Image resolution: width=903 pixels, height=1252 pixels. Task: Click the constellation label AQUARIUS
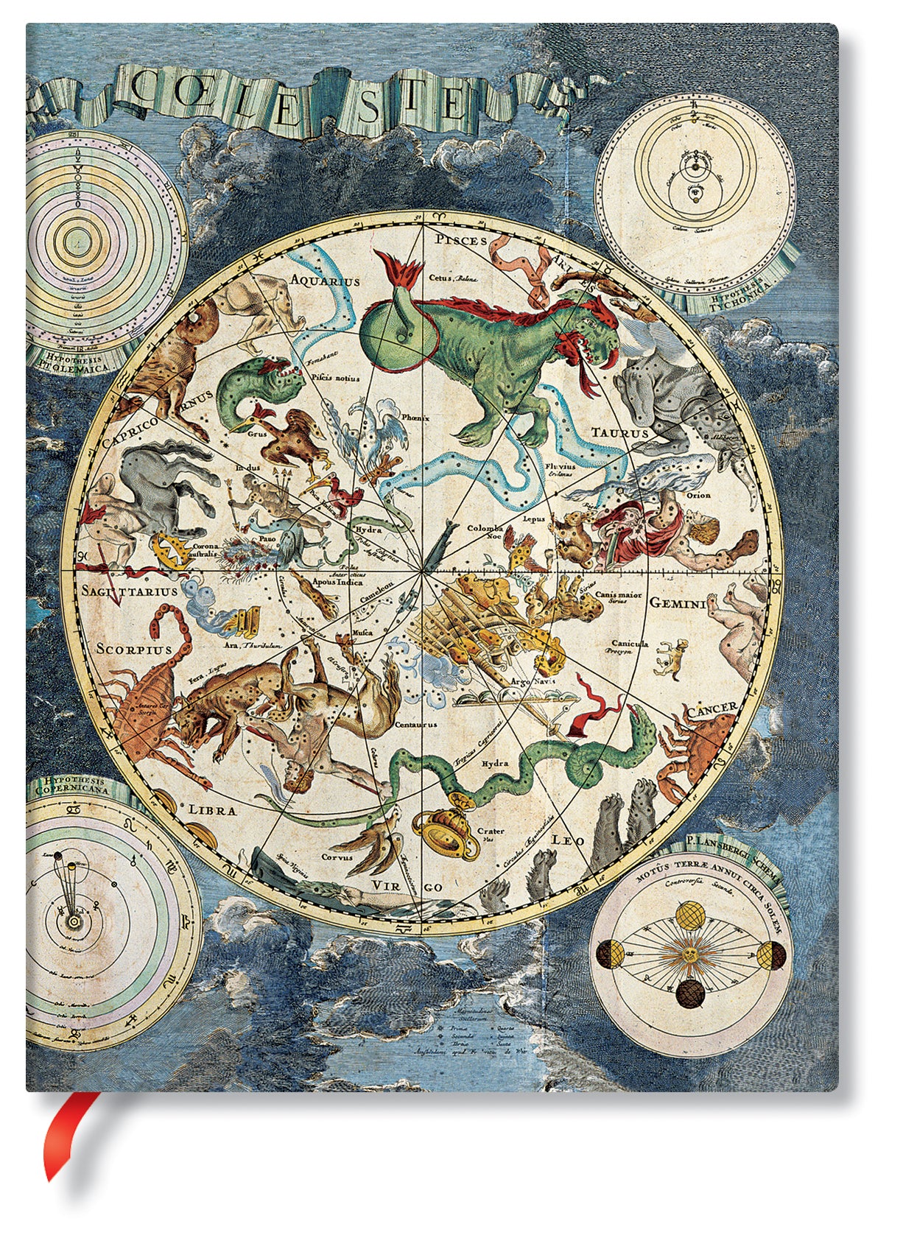(325, 281)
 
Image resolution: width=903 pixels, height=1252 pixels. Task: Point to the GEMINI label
(678, 603)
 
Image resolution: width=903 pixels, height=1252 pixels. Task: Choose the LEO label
(568, 840)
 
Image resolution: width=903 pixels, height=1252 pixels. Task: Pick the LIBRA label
(213, 810)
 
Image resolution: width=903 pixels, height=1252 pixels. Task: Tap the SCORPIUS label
(134, 650)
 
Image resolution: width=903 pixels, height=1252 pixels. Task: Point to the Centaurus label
(416, 724)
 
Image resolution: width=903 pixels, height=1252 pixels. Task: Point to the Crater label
(491, 831)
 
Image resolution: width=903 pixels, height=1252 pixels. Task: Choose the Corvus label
(337, 857)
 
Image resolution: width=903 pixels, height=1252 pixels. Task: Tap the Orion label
(698, 495)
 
